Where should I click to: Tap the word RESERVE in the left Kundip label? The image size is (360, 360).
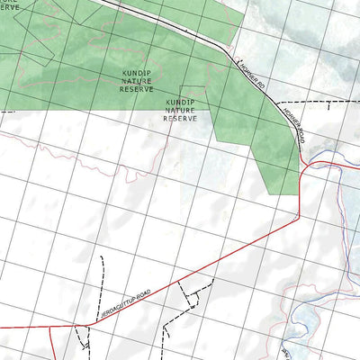coord(137,90)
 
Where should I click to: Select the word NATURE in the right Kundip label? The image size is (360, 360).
coord(182,110)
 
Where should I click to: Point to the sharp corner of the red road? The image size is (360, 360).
coord(298,216)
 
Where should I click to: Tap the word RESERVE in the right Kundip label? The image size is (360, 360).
coord(182,118)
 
